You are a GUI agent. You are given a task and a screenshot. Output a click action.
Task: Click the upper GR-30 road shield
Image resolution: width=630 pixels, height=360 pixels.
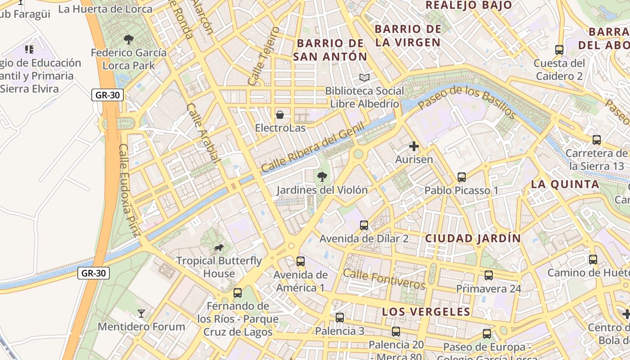click(x=107, y=95)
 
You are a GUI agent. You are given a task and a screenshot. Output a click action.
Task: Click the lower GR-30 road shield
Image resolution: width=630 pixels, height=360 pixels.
click(x=94, y=273)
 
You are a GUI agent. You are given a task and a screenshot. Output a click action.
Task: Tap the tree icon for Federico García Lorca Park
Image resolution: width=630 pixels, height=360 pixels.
click(x=128, y=40)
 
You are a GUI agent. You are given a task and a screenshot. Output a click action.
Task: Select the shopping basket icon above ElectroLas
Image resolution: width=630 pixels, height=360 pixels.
click(x=280, y=115)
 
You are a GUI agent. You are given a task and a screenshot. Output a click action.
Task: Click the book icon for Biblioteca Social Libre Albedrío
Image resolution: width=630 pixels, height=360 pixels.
click(x=364, y=78)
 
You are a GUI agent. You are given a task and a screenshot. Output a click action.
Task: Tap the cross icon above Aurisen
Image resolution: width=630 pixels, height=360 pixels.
click(x=414, y=146)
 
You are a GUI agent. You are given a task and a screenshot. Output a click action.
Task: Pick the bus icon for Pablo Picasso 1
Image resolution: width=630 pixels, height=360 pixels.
click(x=461, y=177)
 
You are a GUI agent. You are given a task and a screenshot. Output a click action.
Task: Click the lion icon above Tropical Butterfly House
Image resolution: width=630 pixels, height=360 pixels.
click(x=219, y=247)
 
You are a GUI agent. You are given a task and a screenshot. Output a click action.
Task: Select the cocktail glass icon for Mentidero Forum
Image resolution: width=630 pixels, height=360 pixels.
click(x=141, y=313)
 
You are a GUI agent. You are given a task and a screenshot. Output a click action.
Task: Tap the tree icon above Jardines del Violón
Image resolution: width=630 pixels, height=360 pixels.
click(x=322, y=177)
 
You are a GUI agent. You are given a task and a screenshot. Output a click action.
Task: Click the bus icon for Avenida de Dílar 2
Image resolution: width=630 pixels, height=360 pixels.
click(x=364, y=225)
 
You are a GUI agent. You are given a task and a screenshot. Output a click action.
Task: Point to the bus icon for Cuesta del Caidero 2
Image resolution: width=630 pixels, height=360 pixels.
click(x=559, y=50)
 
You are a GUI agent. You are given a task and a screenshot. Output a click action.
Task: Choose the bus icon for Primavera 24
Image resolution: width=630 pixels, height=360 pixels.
click(x=489, y=275)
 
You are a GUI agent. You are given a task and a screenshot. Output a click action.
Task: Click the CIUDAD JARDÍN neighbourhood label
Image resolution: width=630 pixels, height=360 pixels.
click(x=473, y=238)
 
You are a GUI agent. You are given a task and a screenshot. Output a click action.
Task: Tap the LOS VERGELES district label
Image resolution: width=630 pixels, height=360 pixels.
click(x=426, y=312)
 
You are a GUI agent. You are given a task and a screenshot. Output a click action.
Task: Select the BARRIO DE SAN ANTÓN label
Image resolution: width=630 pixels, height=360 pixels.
click(x=330, y=50)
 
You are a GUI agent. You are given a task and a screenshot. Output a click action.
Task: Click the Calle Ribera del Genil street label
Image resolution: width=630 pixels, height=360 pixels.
click(x=312, y=148)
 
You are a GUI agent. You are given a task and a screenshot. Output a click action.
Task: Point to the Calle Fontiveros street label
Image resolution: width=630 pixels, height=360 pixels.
click(x=384, y=279)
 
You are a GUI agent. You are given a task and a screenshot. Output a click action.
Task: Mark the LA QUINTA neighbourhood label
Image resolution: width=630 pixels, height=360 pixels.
click(x=565, y=184)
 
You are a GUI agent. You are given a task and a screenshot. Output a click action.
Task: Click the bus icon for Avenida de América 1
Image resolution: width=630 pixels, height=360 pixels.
click(x=300, y=261)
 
